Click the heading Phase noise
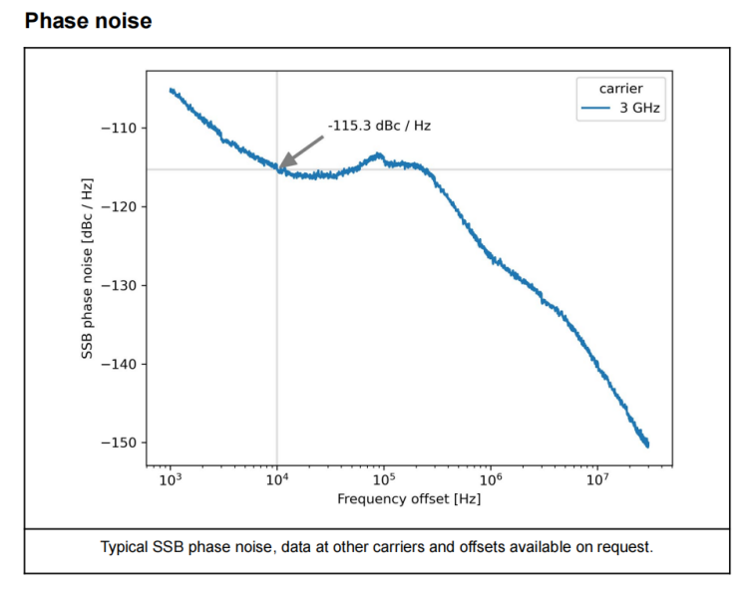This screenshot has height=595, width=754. click(x=88, y=20)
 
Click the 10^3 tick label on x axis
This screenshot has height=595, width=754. click(x=171, y=479)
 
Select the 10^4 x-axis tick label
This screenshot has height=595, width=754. click(x=277, y=479)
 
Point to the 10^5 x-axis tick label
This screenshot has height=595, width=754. click(x=384, y=479)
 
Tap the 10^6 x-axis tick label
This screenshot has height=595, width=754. click(x=491, y=479)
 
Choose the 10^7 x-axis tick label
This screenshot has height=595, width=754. click(x=596, y=479)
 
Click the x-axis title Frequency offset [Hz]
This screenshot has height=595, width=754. click(x=409, y=498)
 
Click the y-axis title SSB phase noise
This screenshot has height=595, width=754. click(x=88, y=268)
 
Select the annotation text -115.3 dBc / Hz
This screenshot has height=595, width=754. click(x=379, y=126)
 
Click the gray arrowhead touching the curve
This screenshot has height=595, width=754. click(x=284, y=164)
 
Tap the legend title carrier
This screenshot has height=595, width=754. click(x=620, y=89)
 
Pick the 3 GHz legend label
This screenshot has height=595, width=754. click(x=640, y=107)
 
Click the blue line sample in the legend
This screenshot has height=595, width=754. click(x=596, y=107)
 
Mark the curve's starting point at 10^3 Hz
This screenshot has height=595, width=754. click(x=171, y=90)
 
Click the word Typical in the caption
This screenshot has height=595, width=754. click(x=127, y=548)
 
